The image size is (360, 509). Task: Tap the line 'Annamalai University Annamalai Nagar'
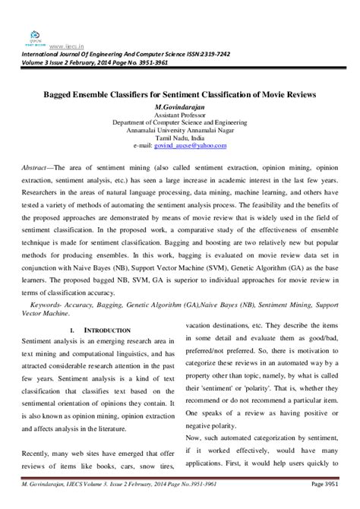click(x=180, y=129)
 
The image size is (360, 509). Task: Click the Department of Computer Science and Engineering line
click(x=180, y=122)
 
